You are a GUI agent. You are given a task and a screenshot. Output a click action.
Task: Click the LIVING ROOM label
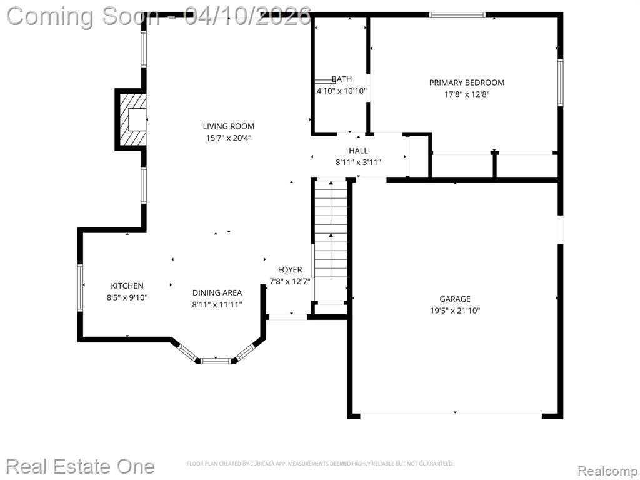click(229, 126)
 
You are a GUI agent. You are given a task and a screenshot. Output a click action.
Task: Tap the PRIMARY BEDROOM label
click(466, 82)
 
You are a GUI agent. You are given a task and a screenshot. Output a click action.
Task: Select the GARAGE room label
click(455, 299)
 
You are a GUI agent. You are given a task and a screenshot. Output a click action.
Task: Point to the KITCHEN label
click(127, 286)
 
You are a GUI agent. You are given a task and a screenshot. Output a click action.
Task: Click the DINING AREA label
click(217, 292)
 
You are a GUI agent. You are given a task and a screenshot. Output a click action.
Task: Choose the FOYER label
click(290, 270)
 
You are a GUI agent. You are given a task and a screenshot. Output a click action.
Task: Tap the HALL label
click(358, 151)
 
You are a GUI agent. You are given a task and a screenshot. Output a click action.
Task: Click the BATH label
click(342, 79)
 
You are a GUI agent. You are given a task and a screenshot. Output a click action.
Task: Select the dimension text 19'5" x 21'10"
click(455, 311)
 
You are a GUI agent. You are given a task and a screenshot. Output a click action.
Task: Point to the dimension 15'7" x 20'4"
click(229, 138)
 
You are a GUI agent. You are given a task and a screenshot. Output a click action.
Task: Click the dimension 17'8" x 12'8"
click(467, 94)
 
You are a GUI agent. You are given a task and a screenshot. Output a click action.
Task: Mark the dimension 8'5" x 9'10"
click(127, 297)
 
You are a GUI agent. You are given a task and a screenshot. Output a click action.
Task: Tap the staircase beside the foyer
click(331, 240)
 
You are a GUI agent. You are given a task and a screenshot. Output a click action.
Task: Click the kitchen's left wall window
click(80, 288)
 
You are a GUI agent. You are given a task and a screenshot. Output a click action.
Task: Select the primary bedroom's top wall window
click(457, 15)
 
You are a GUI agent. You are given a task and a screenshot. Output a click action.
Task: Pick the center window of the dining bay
click(216, 361)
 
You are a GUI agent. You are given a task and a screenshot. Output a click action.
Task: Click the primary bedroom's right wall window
click(561, 83)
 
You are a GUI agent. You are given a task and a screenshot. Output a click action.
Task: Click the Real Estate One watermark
click(81, 466)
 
